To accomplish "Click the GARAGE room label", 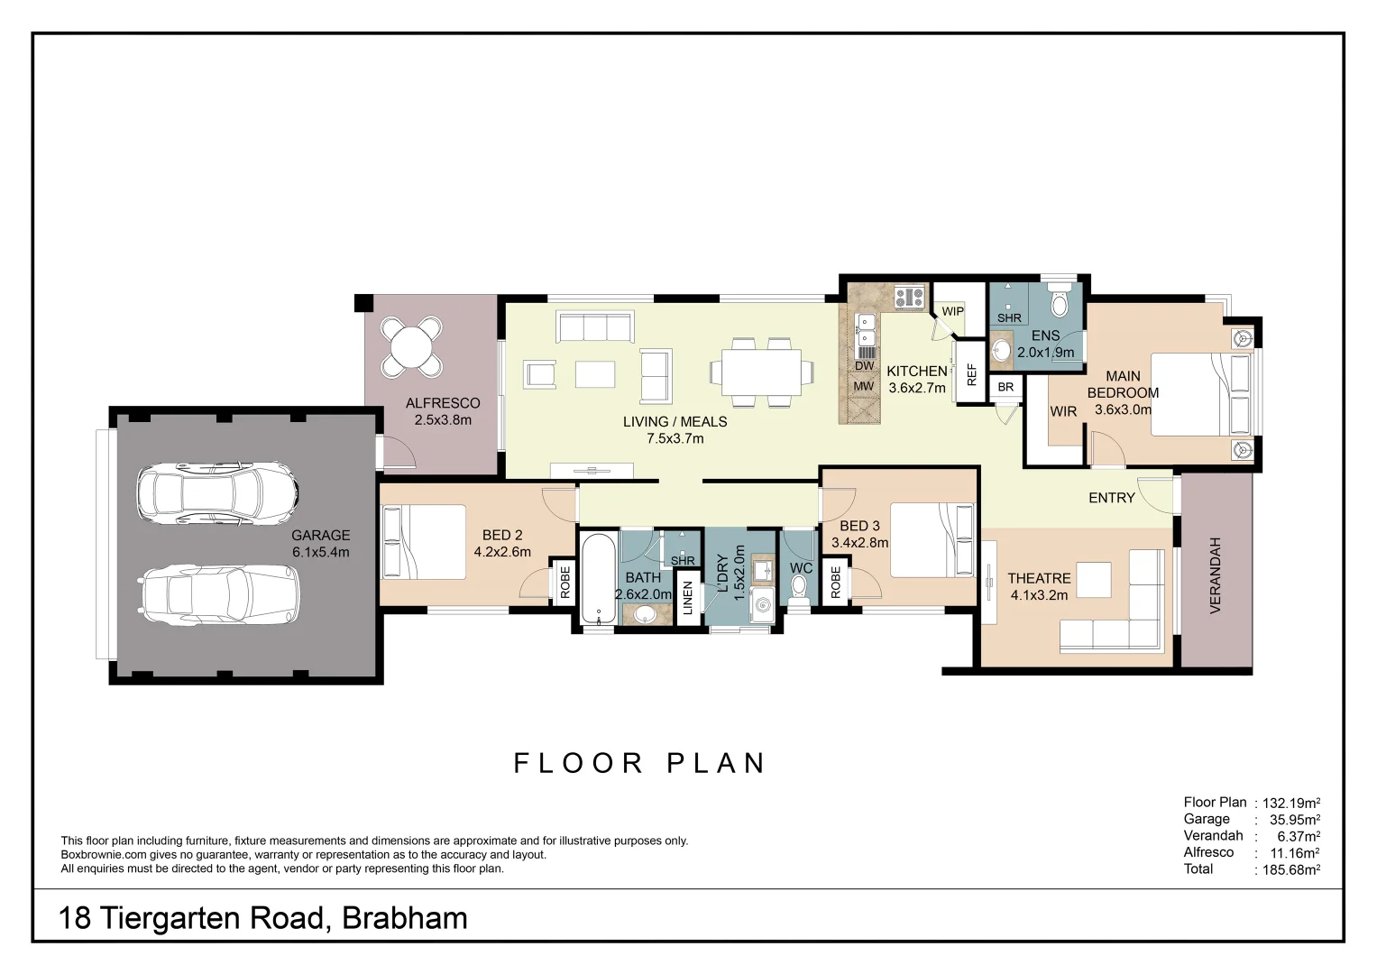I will [x=320, y=543].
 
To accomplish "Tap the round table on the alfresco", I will [x=411, y=346].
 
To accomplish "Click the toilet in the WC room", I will [x=799, y=585].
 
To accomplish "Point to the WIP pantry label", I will [x=952, y=311].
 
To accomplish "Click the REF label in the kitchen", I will [x=971, y=374].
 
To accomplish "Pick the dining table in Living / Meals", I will [x=761, y=372].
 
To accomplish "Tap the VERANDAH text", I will [x=1215, y=575].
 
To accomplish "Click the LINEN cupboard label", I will [x=688, y=598].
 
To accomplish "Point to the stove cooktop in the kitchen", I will [x=910, y=296].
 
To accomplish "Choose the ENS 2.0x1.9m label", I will [x=1046, y=344].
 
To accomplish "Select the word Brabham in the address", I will [x=405, y=918].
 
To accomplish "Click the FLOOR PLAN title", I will [x=639, y=763].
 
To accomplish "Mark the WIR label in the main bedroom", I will [x=1063, y=411].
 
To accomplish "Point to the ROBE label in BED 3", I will [x=835, y=582].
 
